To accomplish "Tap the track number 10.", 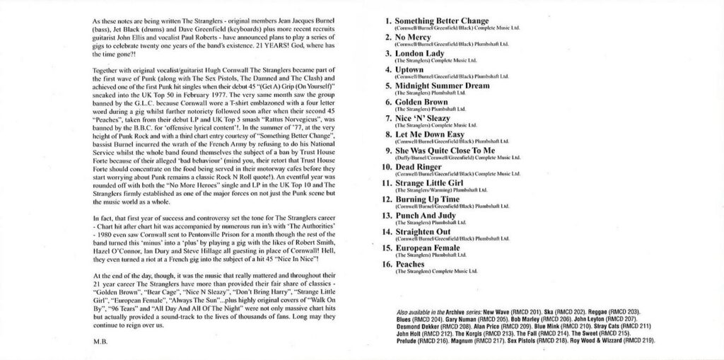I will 387,167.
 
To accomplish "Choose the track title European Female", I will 427,248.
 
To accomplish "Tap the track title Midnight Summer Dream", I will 441,86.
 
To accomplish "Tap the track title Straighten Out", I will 426,232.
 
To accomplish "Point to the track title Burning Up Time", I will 427,199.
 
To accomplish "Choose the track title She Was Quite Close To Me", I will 445,151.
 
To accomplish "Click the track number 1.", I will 388,21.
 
